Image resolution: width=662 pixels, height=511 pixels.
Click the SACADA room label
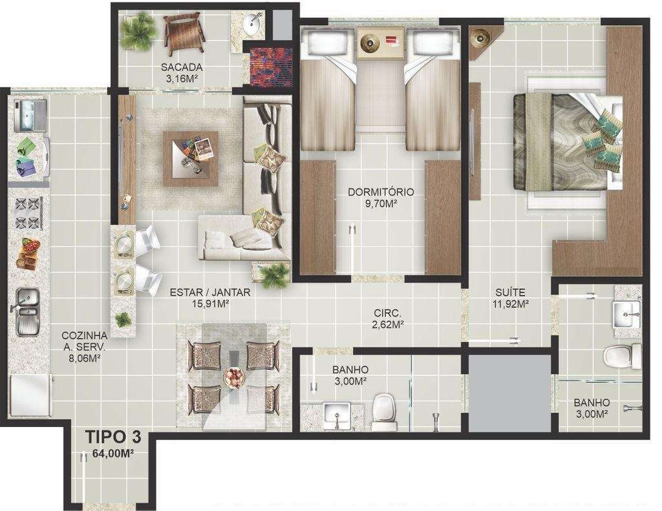[x=182, y=67]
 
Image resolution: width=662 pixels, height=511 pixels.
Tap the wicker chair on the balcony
[x=184, y=34]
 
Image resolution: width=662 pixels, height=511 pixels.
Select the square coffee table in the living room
[x=191, y=159]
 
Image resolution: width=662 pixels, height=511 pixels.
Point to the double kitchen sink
[x=28, y=311]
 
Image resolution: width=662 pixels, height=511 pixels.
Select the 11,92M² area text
[x=511, y=304]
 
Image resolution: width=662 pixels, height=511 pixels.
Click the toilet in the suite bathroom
[x=623, y=356]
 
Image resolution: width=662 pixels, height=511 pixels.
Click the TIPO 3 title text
[x=113, y=437]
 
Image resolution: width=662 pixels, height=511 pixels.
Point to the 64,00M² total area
[x=112, y=454]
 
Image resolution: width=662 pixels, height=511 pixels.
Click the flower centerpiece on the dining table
[x=233, y=376]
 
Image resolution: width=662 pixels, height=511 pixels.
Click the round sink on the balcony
[x=253, y=24]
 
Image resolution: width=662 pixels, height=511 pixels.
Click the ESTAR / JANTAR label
[x=210, y=292]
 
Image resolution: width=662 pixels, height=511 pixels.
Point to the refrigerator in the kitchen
[x=30, y=396]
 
